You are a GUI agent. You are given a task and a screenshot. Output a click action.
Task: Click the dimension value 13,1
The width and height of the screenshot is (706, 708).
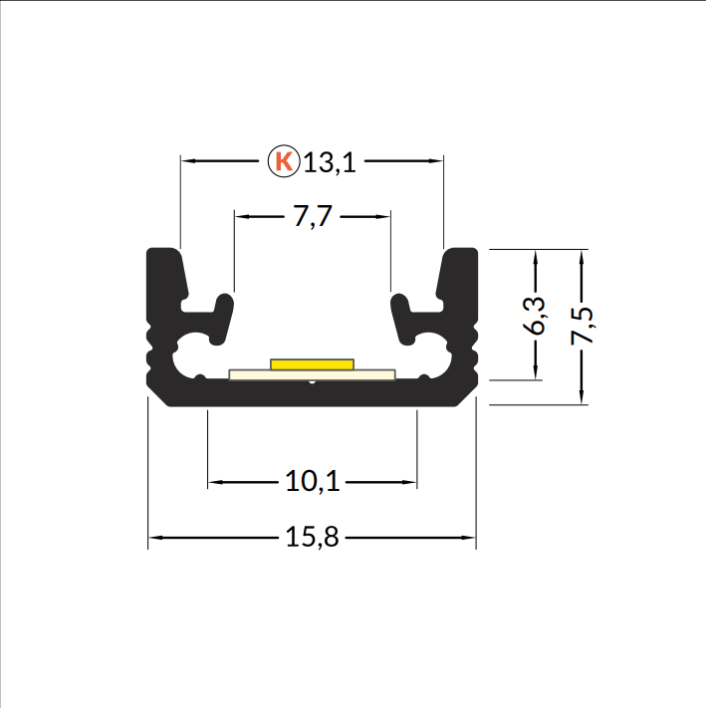(330, 162)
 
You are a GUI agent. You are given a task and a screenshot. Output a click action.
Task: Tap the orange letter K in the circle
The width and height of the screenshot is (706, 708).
(284, 160)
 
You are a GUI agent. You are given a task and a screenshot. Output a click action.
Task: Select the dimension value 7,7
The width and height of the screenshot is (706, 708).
(313, 216)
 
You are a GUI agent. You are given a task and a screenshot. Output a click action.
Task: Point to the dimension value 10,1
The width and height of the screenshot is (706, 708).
(312, 481)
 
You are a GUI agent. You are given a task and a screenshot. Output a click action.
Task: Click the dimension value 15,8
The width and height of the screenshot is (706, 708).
(312, 537)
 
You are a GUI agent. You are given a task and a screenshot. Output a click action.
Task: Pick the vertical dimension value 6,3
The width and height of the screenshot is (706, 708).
(534, 316)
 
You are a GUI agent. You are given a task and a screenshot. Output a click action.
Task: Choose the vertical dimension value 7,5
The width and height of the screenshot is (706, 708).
(582, 326)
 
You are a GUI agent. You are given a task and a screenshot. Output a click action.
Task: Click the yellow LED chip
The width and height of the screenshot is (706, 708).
(312, 363)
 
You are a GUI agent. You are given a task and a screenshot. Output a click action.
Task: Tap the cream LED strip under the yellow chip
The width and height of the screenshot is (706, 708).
(312, 374)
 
